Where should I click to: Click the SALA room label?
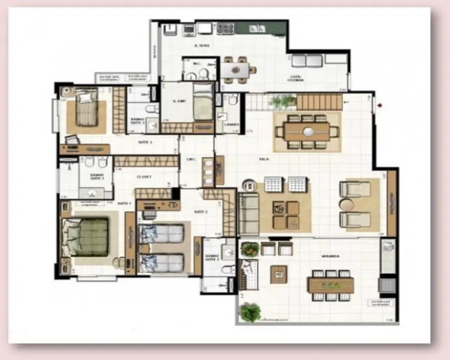point(264,159)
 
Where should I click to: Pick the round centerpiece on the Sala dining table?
point(308,132)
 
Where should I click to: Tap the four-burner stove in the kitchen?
point(225,28)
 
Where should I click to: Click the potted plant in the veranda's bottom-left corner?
point(250,312)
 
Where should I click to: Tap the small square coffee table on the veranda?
point(278,274)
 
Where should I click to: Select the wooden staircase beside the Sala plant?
point(319,102)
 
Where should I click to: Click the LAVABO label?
point(231,125)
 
